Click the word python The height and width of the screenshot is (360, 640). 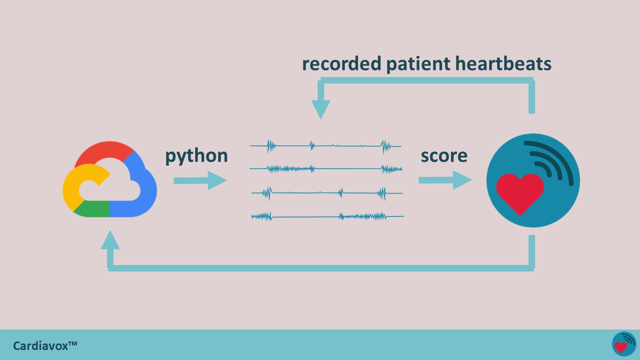click(x=196, y=156)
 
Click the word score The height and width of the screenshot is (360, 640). click(x=444, y=156)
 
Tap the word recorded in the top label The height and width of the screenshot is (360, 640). click(x=341, y=63)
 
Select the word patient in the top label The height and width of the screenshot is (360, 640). click(x=418, y=64)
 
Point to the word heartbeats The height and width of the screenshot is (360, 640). click(x=503, y=63)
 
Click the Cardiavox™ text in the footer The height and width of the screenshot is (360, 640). click(x=45, y=346)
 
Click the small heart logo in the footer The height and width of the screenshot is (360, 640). click(x=624, y=344)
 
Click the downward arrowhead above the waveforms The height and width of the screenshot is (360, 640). click(x=321, y=109)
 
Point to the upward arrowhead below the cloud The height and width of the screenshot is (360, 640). click(x=110, y=239)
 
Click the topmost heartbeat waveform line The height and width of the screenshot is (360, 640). click(x=325, y=146)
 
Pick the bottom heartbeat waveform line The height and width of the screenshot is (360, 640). click(x=327, y=216)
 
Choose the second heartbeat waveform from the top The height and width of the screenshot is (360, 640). click(x=325, y=169)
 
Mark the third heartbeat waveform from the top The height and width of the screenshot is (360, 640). click(x=327, y=193)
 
